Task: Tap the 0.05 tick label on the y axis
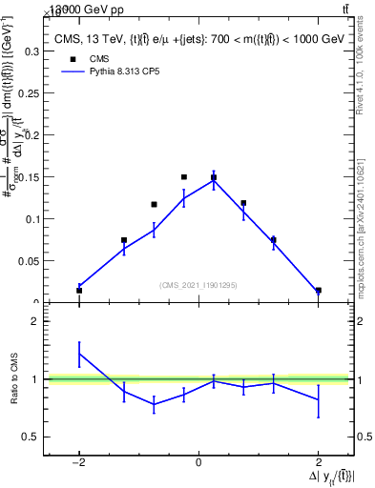click(31, 260)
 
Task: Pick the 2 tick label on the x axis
click(318, 464)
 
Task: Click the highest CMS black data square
click(184, 176)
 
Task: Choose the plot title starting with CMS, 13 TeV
click(198, 38)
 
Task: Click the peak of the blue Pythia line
click(214, 179)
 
